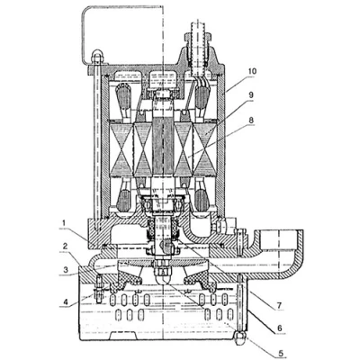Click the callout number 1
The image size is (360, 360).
(64, 223)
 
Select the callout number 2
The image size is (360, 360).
(65, 247)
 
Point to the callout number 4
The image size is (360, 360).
(65, 301)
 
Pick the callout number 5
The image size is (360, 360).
(281, 353)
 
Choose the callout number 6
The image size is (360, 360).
(280, 328)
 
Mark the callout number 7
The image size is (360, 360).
(279, 305)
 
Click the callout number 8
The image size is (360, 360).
(251, 120)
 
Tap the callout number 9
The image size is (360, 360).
(251, 95)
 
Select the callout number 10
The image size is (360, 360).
(252, 71)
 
